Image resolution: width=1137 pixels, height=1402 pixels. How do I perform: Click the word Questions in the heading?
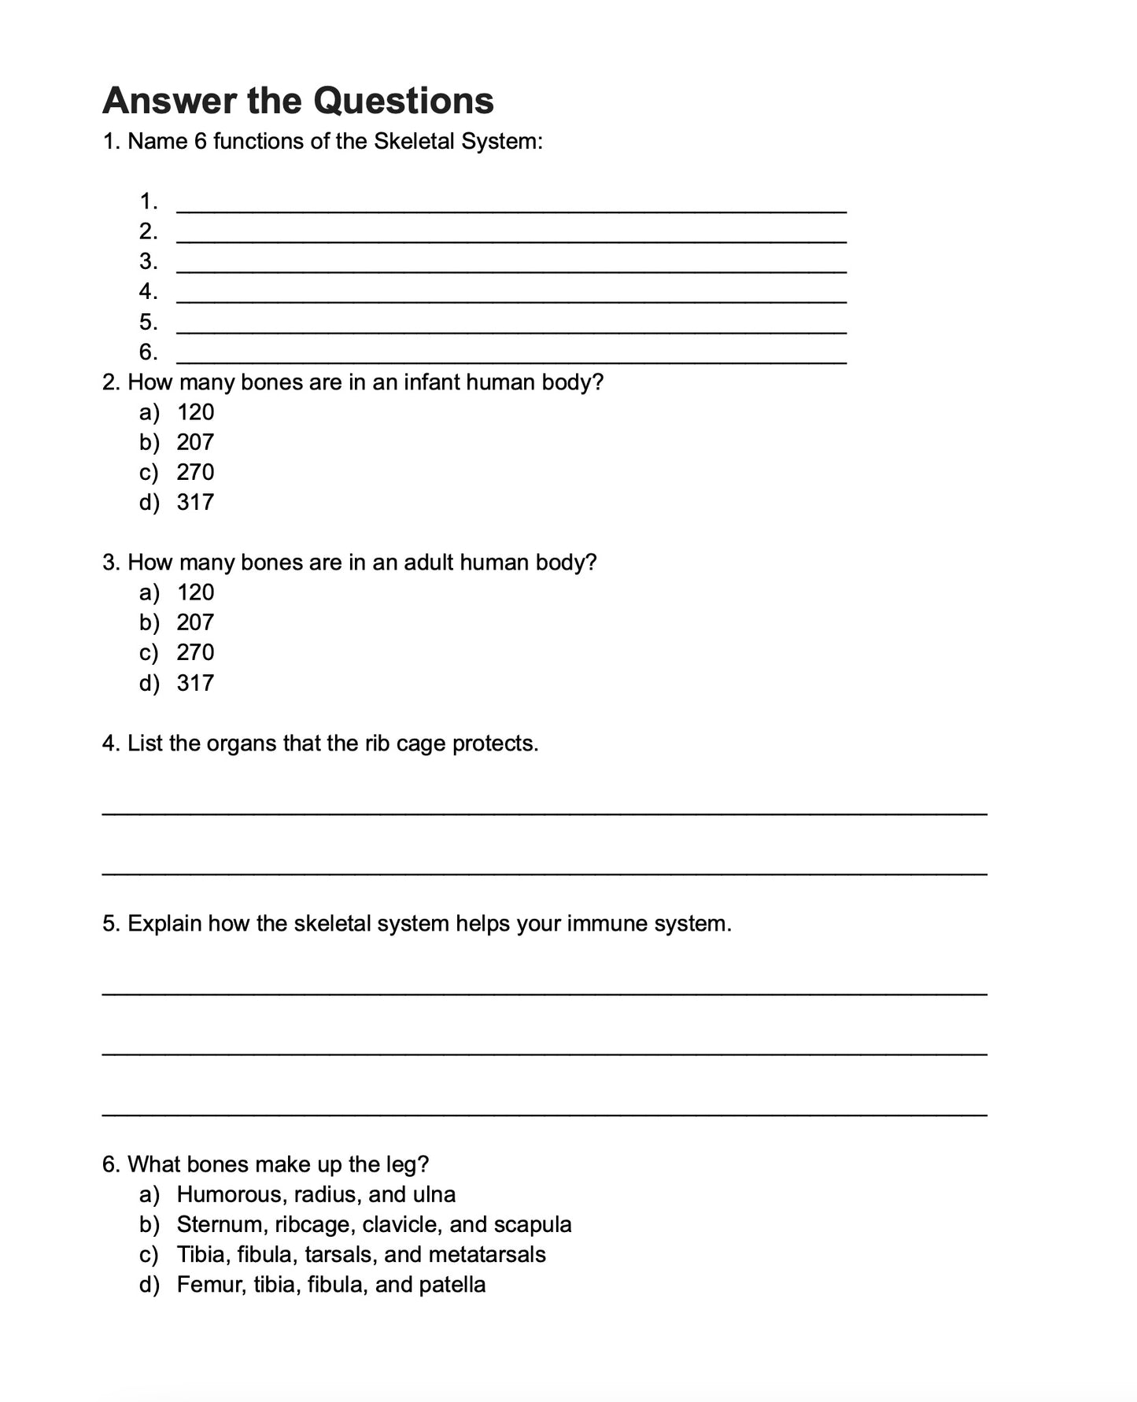[x=403, y=101]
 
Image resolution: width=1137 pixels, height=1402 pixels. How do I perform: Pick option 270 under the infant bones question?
[x=195, y=472]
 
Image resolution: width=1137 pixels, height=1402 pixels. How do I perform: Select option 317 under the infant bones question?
[x=195, y=502]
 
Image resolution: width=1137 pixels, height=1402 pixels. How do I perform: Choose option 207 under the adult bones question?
[x=195, y=622]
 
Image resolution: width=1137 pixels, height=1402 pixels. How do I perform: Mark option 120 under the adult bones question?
[x=195, y=592]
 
